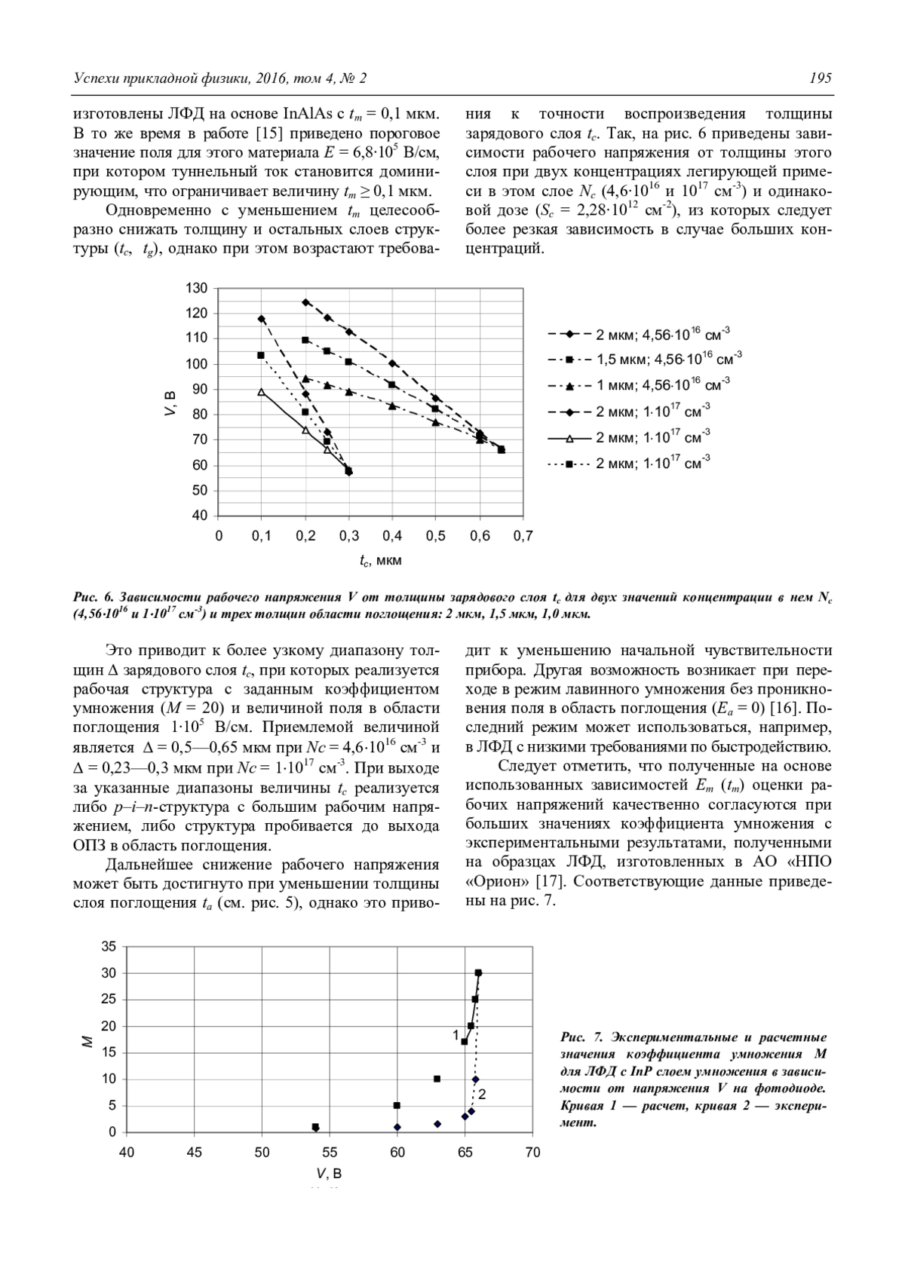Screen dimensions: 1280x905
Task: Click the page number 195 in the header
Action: [820, 78]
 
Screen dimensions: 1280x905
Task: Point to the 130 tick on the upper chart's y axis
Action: [197, 288]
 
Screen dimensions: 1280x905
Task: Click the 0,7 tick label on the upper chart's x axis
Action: [523, 536]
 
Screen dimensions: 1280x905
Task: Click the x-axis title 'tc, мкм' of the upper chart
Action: [380, 561]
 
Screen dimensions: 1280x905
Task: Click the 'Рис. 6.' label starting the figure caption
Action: [91, 597]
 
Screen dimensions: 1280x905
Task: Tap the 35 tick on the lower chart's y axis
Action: [109, 947]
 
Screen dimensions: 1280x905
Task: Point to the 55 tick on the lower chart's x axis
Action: [330, 1153]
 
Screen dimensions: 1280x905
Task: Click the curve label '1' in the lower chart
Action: [456, 1035]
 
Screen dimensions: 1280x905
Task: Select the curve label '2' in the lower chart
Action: [482, 1094]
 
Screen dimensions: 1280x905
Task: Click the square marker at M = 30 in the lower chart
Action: [478, 973]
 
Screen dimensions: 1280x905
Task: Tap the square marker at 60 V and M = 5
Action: [397, 1105]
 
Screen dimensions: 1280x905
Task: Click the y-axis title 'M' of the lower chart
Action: [87, 1042]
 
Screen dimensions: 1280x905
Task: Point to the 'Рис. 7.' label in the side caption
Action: [578, 1038]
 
